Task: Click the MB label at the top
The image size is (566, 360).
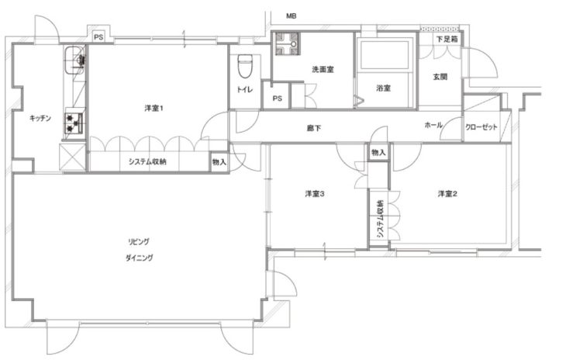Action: pos(291,16)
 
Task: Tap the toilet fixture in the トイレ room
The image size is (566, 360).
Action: pos(245,66)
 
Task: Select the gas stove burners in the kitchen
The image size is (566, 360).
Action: pos(74,123)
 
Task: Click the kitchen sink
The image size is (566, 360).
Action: pos(75,61)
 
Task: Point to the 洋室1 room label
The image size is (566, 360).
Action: pos(154,108)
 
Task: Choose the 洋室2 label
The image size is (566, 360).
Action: pos(447,194)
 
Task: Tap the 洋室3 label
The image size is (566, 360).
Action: pos(315,194)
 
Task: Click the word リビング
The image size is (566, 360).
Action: pos(139,241)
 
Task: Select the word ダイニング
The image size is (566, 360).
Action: pos(140,258)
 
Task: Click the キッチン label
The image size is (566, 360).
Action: pos(40,118)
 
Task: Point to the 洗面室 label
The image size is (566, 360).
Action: pos(323,69)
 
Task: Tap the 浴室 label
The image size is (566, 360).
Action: pos(383,88)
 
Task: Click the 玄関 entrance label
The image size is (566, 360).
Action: pos(440,77)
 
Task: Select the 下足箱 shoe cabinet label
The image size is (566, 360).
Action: pos(447,39)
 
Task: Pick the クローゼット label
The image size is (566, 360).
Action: pos(481,126)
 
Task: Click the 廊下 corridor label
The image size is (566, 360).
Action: pos(314,128)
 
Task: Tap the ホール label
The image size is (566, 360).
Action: pos(433,125)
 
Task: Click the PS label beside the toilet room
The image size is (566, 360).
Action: pos(278,99)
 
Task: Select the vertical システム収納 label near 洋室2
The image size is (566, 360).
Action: pos(380,219)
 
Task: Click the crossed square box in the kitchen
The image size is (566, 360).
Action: pos(73,157)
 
